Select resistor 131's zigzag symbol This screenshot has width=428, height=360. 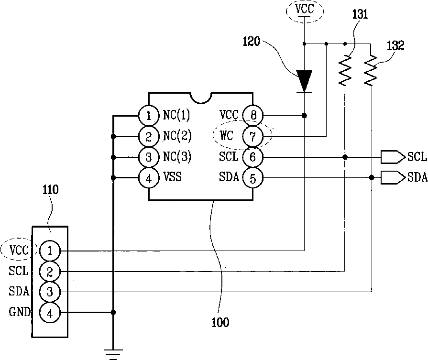[x=345, y=70]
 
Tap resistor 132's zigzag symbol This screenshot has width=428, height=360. [x=371, y=70]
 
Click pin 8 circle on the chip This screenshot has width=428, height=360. [x=253, y=115]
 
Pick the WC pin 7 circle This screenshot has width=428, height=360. [x=253, y=136]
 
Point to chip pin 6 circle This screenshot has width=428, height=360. [x=253, y=157]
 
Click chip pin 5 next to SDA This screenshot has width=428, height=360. [x=253, y=178]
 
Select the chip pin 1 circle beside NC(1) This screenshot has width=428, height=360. [x=149, y=115]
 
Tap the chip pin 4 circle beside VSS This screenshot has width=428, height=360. [x=149, y=178]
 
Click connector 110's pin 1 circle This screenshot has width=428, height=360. [x=50, y=251]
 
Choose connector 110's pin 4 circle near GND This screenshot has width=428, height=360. [x=50, y=313]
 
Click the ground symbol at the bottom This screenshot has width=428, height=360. [x=113, y=355]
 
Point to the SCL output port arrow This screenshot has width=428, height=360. [x=393, y=157]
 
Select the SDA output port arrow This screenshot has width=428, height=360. [x=393, y=178]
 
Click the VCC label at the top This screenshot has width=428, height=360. [x=305, y=9]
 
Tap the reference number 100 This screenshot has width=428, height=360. [x=220, y=323]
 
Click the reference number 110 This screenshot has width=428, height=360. [x=51, y=189]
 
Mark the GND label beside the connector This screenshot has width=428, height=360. [x=20, y=311]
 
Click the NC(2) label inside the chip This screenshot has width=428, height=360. [x=177, y=136]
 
